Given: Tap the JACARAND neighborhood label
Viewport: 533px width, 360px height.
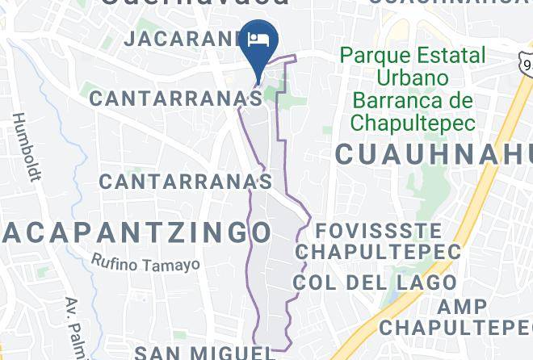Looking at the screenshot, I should point(184,38).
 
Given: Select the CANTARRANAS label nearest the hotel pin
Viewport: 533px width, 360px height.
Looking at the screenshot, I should point(176,98).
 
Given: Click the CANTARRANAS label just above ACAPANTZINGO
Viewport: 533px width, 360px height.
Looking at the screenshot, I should point(186,181).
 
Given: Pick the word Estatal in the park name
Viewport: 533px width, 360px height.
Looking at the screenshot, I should point(450,57).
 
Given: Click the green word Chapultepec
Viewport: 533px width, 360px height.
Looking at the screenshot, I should point(412,123).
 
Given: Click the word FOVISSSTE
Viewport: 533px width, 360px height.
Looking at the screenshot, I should point(378,230).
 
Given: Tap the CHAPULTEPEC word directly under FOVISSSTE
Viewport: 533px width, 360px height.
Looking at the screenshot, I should point(378,252).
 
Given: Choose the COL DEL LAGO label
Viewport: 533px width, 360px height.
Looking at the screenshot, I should point(375,283).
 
